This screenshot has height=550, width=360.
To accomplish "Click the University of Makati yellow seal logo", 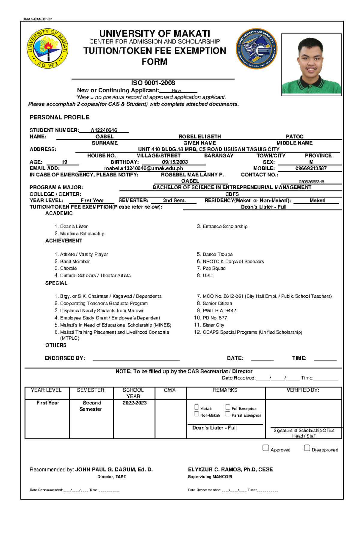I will (x=47, y=49).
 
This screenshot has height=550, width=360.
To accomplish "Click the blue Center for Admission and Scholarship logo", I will (x=256, y=49).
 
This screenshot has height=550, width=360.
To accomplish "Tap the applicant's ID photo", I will (x=311, y=65).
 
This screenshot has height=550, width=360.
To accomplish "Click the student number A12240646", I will (x=104, y=130).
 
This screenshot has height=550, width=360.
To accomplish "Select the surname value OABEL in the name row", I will (x=104, y=137).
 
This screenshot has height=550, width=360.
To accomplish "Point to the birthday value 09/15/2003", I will (x=175, y=162).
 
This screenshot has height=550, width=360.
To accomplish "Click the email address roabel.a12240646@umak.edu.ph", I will (x=143, y=168).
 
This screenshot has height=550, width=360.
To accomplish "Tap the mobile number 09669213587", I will (x=311, y=168).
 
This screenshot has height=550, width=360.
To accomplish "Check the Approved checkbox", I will (x=265, y=448).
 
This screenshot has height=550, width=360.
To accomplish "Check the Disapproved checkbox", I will (x=307, y=448).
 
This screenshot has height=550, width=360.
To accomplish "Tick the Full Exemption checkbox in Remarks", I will (x=227, y=407).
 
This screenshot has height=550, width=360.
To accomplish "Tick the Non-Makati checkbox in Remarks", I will (x=196, y=414).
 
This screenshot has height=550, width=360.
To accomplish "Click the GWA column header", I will (x=170, y=390).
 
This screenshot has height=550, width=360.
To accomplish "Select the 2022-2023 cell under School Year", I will (x=134, y=403).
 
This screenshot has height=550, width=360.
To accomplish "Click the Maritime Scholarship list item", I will (x=82, y=233).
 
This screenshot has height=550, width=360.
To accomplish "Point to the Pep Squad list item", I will (x=214, y=268).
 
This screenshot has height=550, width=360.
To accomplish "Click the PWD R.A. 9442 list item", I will (x=219, y=311).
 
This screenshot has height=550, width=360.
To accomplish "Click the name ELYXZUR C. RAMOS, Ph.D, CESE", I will (x=230, y=469).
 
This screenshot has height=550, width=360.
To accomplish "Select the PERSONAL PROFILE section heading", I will (x=59, y=117).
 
